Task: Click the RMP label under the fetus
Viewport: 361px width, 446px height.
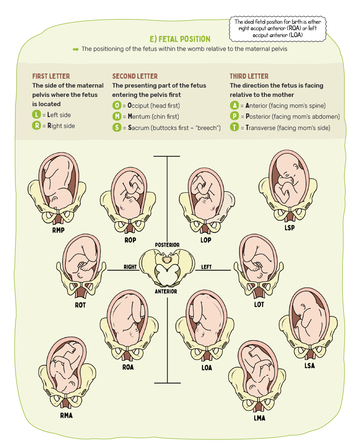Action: (58, 230)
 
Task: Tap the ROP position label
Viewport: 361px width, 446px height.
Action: (130, 240)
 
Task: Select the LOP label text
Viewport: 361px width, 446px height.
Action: (206, 240)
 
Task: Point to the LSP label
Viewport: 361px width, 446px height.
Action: (289, 228)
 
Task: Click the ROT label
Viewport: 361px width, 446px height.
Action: (80, 305)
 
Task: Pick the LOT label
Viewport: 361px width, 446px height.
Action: (259, 305)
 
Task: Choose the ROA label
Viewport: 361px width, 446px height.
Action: (128, 367)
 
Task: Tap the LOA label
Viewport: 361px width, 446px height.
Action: (206, 368)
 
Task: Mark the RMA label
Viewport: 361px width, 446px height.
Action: (66, 415)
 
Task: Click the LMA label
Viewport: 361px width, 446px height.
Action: (259, 418)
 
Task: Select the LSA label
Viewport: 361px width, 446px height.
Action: (309, 366)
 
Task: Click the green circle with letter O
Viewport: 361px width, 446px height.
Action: (116, 106)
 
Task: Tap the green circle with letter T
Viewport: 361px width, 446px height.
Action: (234, 128)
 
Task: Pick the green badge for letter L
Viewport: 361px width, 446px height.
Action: (37, 115)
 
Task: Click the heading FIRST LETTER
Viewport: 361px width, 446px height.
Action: (51, 76)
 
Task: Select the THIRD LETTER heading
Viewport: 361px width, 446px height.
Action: (249, 76)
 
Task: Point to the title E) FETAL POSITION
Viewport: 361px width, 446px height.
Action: (180, 39)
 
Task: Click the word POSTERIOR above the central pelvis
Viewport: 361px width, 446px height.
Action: (167, 245)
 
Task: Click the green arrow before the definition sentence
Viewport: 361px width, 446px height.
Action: (76, 49)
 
